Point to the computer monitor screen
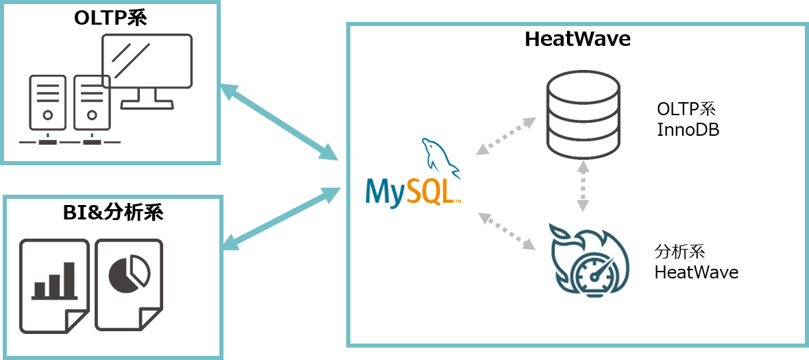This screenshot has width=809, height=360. point(146,61)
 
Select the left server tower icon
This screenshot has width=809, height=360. point(47,103)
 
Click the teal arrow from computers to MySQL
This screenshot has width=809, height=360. point(279,123)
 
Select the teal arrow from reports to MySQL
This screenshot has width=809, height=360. point(281,218)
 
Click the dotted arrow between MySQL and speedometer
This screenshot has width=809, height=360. point(507,230)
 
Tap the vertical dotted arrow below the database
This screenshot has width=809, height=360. point(583,186)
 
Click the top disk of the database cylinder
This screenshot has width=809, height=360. point(583,86)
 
